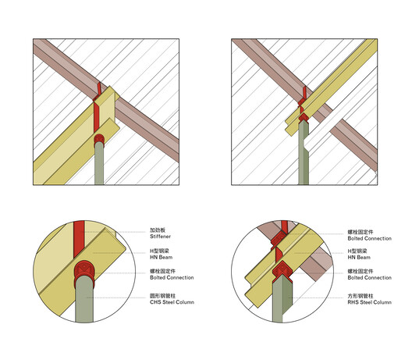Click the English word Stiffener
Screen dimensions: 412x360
coord(160,237)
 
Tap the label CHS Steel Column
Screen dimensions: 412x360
coord(172,302)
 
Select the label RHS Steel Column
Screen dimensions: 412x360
coord(369,302)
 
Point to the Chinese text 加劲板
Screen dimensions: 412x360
coord(158,230)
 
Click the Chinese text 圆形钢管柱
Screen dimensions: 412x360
coord(162,296)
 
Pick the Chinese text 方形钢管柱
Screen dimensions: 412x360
coord(360,296)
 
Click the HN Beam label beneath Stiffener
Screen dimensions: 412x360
coord(161,257)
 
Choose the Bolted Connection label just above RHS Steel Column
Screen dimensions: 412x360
coord(369,277)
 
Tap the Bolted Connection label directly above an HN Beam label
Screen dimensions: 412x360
coord(369,238)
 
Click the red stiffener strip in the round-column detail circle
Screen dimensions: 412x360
coord(79,239)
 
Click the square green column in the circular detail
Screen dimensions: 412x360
coord(282,300)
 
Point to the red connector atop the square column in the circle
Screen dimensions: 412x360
coord(282,271)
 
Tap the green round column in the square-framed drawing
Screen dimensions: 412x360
coord(99,163)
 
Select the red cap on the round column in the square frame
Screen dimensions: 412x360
coord(99,139)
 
